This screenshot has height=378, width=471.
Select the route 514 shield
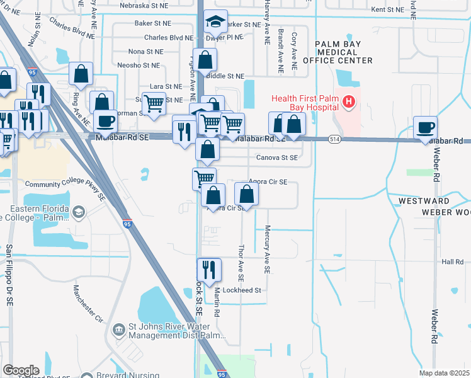click(334, 139)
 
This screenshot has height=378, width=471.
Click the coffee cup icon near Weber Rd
click(426, 127)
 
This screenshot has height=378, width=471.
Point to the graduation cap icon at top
click(215, 23)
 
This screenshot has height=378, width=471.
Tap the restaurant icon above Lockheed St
click(209, 270)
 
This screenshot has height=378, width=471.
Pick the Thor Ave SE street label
click(241, 263)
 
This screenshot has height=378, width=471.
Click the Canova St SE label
click(276, 157)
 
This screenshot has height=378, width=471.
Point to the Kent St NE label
click(387, 9)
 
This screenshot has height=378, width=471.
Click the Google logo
click(21, 370)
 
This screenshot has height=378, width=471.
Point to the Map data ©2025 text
click(444, 373)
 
